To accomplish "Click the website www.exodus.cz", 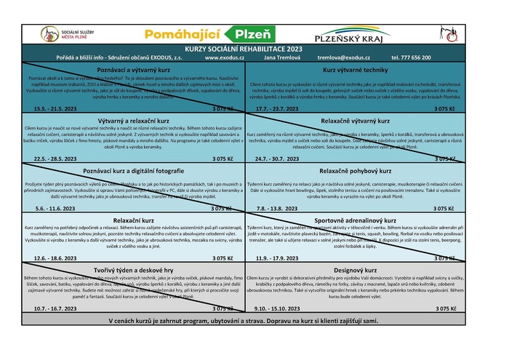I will tap(223, 57).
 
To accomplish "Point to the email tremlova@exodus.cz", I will tap(345, 57).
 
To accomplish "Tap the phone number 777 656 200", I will tap(411, 57).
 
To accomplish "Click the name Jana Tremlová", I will tap(280, 57).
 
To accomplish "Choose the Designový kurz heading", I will tap(355, 270).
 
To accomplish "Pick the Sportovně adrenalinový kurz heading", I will tap(355, 220).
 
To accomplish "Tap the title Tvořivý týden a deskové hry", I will tap(128, 270).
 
